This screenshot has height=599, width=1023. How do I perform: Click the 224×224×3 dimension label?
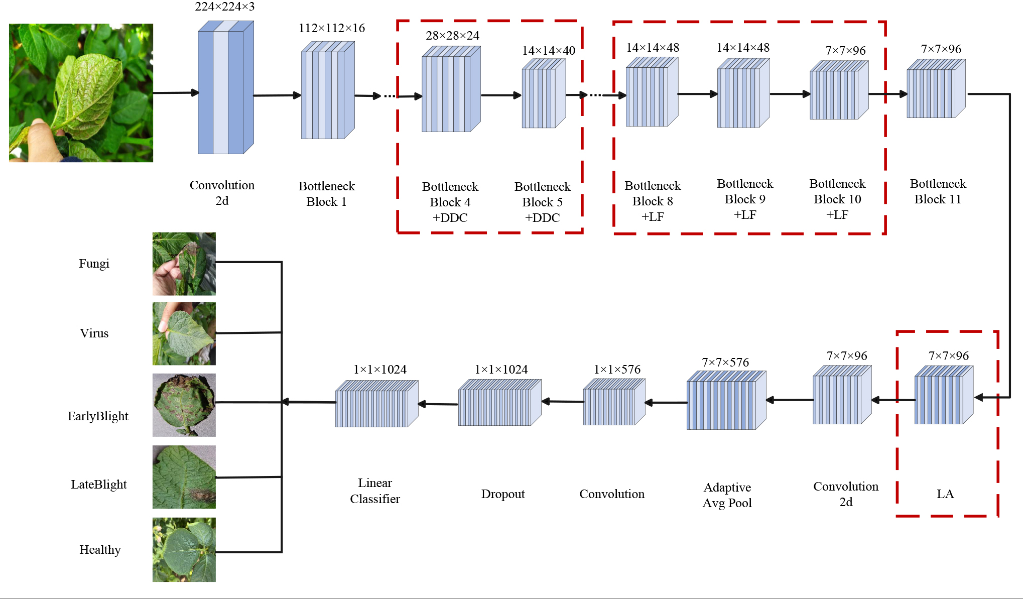point(224,7)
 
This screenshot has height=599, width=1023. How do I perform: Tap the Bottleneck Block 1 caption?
point(326,194)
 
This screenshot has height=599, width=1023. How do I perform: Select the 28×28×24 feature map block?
point(450,89)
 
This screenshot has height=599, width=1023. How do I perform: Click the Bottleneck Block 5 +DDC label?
point(542,202)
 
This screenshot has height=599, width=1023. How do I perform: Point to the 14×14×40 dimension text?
point(548,51)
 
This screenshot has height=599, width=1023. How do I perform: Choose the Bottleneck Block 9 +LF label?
point(745,199)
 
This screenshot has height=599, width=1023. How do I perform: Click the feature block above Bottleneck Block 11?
point(936,89)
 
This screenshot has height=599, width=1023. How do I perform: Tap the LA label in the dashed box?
point(945,494)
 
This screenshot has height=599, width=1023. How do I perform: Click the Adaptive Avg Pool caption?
point(727,495)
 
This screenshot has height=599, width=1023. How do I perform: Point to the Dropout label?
point(502,494)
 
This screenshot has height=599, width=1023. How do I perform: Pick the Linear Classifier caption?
point(374,491)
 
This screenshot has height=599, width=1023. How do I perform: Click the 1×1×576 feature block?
point(613,402)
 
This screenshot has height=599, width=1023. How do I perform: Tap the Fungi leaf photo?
point(184,264)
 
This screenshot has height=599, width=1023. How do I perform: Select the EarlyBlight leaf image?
point(184,405)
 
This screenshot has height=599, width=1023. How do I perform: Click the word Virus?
point(94,333)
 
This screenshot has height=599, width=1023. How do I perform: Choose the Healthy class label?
point(100,549)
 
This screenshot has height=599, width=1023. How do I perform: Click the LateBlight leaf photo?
point(184,477)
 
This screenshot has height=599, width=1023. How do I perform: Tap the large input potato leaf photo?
point(81,93)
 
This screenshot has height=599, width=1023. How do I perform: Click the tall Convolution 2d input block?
point(225,88)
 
